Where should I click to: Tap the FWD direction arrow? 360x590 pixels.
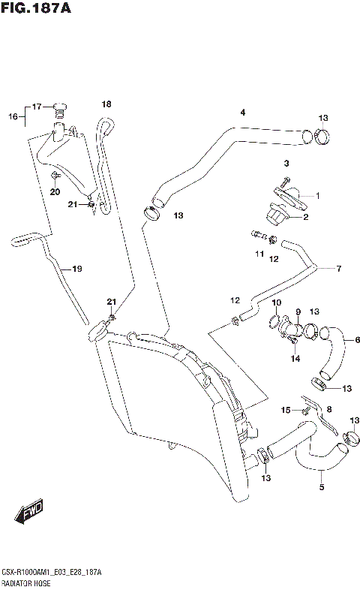28,513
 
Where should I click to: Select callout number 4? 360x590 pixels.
242,113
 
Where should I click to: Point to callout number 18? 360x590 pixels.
106,104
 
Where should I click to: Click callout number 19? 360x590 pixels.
76,268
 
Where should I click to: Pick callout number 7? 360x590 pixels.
338,268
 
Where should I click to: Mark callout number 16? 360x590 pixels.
12,116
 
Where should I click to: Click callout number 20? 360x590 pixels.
54,192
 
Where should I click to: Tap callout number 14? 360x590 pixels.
295,359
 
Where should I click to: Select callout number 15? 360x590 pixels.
285,409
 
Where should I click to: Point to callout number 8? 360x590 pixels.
328,409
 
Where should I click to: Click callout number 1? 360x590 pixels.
317,196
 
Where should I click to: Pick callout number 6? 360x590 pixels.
346,339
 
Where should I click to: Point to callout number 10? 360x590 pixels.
277,303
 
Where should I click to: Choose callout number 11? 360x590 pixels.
258,254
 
